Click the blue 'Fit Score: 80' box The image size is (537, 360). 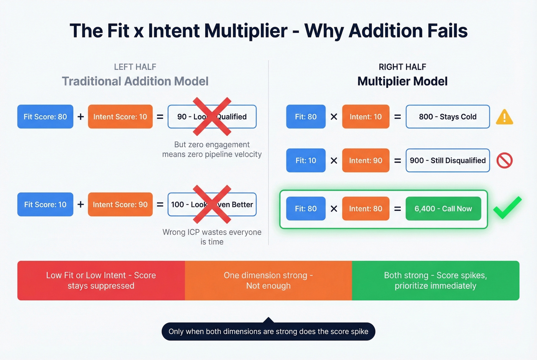point(45,117)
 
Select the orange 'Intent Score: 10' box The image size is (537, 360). point(120,117)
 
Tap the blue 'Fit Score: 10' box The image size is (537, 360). point(45,204)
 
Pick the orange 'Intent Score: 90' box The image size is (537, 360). point(120,204)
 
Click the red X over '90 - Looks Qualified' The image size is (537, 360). point(212,117)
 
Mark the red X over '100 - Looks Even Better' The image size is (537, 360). point(212,204)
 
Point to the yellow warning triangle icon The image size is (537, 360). point(504,117)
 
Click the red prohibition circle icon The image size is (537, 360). point(504,160)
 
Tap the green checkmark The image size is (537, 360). point(507,208)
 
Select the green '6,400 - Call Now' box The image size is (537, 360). point(443,209)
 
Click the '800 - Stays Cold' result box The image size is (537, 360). point(448,117)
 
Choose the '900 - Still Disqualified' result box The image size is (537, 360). point(448,160)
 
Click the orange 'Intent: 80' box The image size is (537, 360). point(366,209)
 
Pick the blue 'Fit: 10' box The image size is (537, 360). point(306,160)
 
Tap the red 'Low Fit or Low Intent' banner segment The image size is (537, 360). point(101,280)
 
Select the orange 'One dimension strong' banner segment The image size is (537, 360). point(268,280)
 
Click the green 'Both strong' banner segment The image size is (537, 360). point(435,280)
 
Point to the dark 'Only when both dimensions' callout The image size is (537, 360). point(268,331)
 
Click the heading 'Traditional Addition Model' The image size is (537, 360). point(135,81)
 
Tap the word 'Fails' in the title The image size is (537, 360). point(446,31)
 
